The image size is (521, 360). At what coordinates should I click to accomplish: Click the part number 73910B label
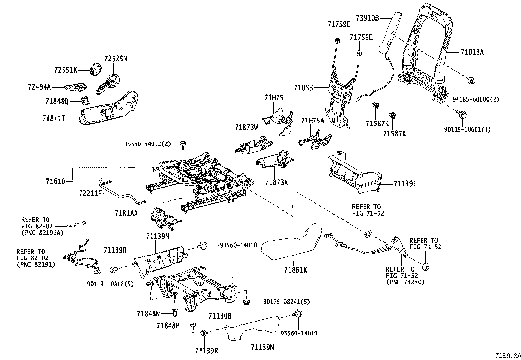pyautogui.click(x=367, y=18)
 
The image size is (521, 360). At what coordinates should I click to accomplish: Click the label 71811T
pyautogui.click(x=54, y=119)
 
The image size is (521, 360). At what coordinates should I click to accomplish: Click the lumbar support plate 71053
pyautogui.click(x=339, y=98)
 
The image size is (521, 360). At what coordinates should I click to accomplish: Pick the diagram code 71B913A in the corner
pyautogui.click(x=507, y=356)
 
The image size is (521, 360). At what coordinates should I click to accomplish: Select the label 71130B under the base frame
pyautogui.click(x=220, y=316)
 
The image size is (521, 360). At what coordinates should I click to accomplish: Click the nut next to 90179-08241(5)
pyautogui.click(x=246, y=301)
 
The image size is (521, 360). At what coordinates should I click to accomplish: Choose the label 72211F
pyautogui.click(x=90, y=193)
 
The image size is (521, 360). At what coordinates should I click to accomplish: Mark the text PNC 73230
pyautogui.click(x=405, y=282)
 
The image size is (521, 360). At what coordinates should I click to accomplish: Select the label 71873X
pyautogui.click(x=277, y=182)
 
